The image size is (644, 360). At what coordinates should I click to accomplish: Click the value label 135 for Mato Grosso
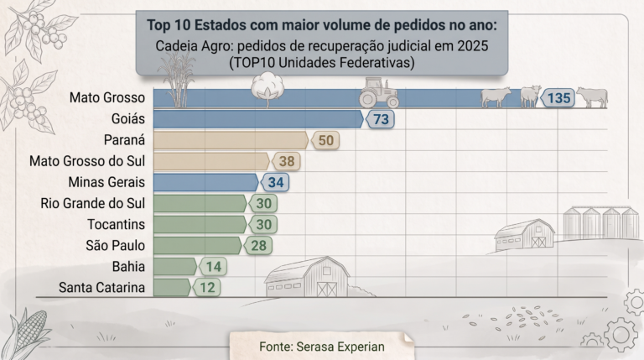coord(558,98)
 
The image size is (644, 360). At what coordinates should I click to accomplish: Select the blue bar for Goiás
coord(258,119)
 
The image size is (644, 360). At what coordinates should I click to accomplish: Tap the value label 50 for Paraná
coord(325,140)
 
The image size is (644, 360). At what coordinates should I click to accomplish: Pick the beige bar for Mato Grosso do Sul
coord(211,161)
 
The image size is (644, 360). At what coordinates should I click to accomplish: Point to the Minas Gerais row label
coord(106,182)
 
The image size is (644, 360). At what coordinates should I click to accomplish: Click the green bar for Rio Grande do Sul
coord(200,203)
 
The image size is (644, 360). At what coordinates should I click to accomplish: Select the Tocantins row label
coord(117,224)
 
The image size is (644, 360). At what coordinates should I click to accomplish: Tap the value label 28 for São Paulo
coord(258,246)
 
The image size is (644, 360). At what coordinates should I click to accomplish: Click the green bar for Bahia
coord(175,267)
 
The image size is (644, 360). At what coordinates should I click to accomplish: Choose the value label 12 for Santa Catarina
coord(206,288)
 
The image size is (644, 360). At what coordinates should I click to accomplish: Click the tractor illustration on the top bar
coord(379,92)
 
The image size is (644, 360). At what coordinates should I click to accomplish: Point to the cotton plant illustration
coord(267,90)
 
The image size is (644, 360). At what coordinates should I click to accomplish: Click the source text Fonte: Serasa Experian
coord(322,347)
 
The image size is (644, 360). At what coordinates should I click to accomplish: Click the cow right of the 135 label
coord(592,97)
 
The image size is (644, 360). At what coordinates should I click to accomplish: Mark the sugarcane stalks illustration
coord(179,80)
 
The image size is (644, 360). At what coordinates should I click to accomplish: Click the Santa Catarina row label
coord(101,288)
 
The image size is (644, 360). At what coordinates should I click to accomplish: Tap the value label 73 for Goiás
coord(381,120)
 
